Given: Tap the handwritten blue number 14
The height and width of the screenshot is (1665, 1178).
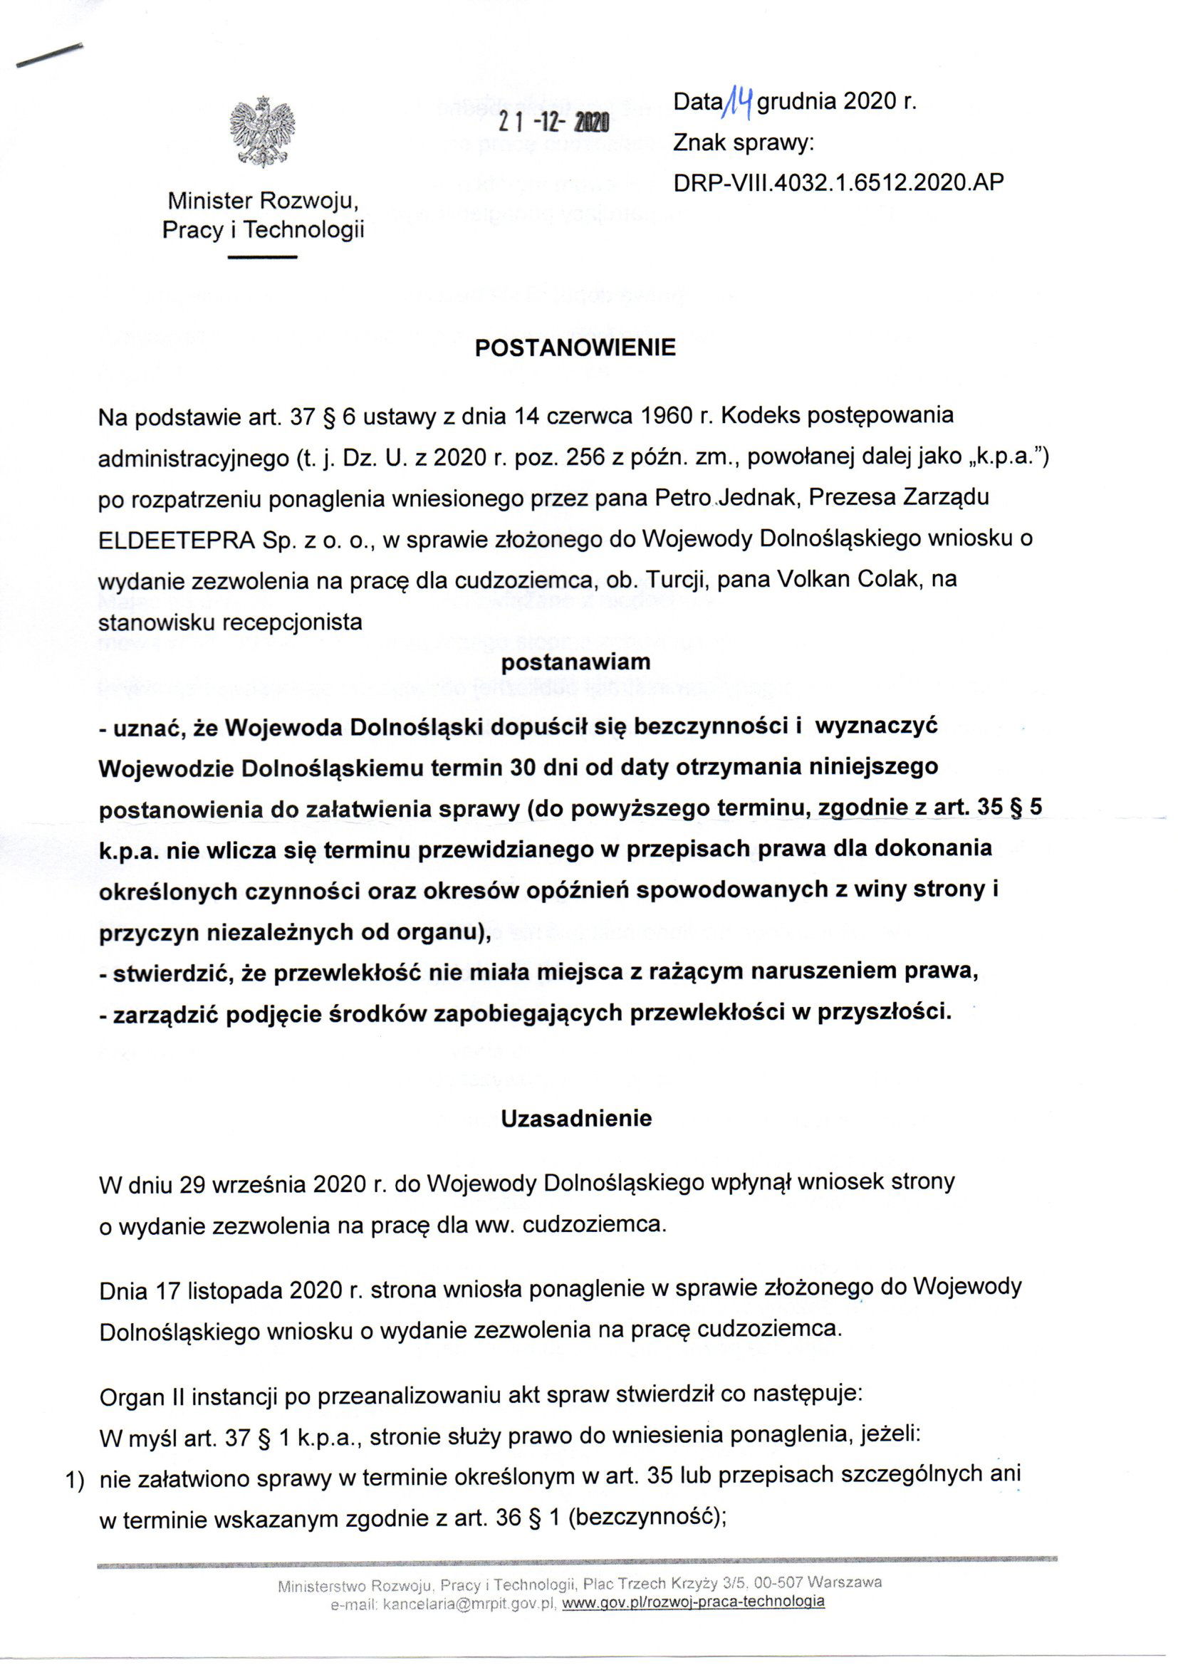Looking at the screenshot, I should [740, 102].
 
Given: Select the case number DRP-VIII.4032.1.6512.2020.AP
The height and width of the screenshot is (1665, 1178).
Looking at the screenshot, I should [838, 182].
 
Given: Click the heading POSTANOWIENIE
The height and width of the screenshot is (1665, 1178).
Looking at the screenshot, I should [575, 348].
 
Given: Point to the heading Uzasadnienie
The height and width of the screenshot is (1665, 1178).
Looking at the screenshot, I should [577, 1118].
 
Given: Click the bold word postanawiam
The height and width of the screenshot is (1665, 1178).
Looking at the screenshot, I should [576, 662].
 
